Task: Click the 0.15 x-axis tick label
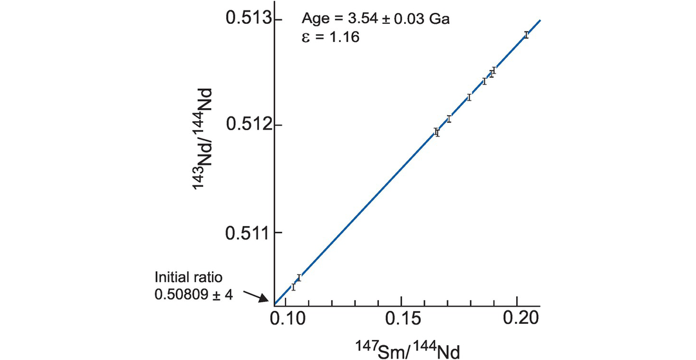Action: coord(401,319)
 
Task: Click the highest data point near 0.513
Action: coord(526,35)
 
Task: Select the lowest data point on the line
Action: coord(293,286)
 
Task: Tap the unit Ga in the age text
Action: coord(440,19)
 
